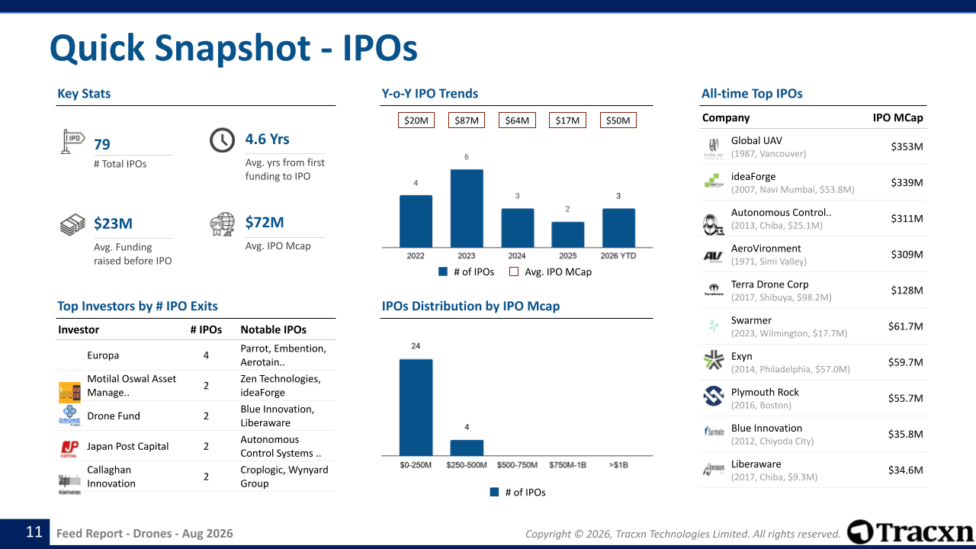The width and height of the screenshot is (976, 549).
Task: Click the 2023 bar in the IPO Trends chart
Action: click(x=467, y=208)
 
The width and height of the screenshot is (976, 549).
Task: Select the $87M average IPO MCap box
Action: click(x=467, y=120)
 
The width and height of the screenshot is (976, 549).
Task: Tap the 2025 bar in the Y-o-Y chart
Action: click(x=568, y=234)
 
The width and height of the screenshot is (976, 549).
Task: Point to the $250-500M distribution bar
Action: click(x=467, y=448)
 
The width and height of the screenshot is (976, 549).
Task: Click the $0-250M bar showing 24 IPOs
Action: click(x=416, y=407)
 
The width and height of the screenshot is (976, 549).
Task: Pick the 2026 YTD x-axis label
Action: click(x=618, y=255)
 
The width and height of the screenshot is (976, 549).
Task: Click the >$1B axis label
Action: click(x=618, y=465)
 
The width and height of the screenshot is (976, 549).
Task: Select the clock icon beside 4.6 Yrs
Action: click(x=222, y=140)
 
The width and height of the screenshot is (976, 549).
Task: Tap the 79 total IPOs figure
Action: click(x=102, y=144)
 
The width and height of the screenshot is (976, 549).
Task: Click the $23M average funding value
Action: click(x=113, y=223)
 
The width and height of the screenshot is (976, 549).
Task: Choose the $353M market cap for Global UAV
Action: click(x=907, y=146)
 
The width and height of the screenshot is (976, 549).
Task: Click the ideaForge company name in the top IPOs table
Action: click(x=753, y=176)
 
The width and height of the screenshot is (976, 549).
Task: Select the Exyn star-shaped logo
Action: click(x=713, y=360)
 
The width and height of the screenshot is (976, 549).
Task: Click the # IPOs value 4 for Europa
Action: click(x=206, y=355)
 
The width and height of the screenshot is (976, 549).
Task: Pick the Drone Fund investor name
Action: click(x=114, y=416)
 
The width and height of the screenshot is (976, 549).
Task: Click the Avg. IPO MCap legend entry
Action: click(x=551, y=272)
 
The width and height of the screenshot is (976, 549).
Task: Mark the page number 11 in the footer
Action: click(x=34, y=532)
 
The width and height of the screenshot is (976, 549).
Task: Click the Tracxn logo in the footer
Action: click(x=910, y=532)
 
